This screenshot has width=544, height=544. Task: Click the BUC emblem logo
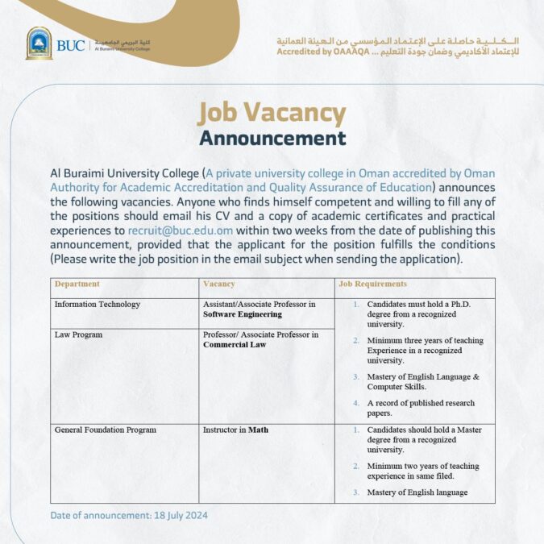pyautogui.click(x=39, y=44)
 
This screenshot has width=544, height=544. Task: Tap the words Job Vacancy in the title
pyautogui.click(x=272, y=113)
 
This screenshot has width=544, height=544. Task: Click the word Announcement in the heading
pyautogui.click(x=272, y=138)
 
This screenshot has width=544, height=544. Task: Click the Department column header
pyautogui.click(x=77, y=284)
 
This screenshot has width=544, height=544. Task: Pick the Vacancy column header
pyautogui.click(x=219, y=284)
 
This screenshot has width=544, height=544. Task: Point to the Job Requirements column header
pyautogui.click(x=372, y=284)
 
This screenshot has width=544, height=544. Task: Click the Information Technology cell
pyautogui.click(x=98, y=305)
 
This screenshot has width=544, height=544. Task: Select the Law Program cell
pyautogui.click(x=78, y=334)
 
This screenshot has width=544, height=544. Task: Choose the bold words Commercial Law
pyautogui.click(x=235, y=344)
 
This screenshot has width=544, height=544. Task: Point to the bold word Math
pyautogui.click(x=258, y=430)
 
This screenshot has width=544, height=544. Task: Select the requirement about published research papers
pyautogui.click(x=420, y=408)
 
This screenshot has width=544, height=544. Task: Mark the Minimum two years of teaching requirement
pyautogui.click(x=422, y=471)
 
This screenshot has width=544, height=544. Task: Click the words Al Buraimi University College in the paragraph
pyautogui.click(x=125, y=173)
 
